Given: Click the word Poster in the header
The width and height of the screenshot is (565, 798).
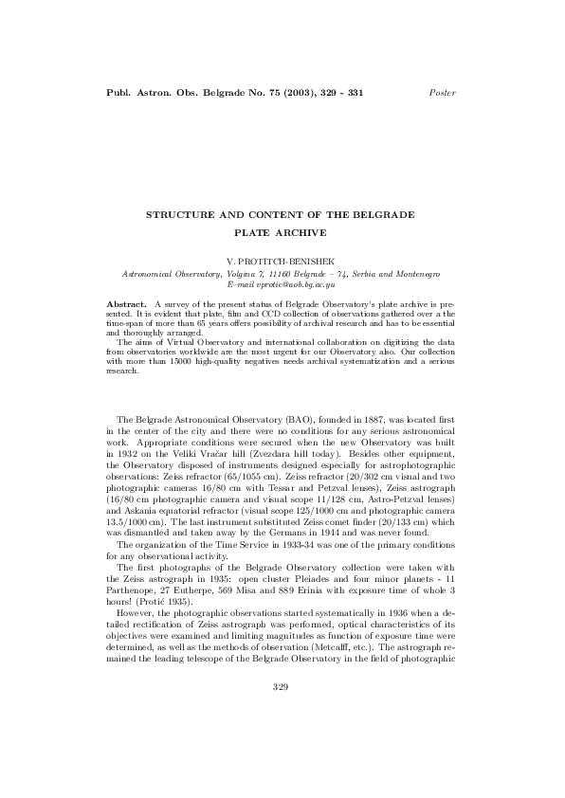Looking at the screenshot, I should pyautogui.click(x=443, y=93).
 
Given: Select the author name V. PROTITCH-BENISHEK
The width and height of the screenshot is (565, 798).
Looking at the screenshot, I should pyautogui.click(x=282, y=259).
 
